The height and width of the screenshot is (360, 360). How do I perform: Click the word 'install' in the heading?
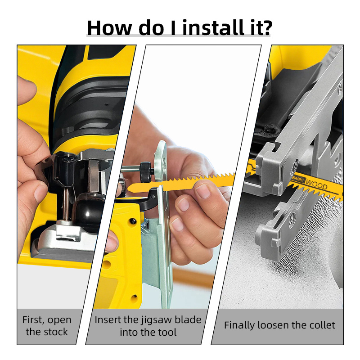click(x=212, y=27)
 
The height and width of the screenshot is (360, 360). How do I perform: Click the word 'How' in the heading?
click(x=109, y=28)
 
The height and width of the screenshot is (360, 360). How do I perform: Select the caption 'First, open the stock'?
click(x=47, y=325)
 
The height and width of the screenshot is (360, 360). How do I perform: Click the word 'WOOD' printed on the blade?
click(x=317, y=184)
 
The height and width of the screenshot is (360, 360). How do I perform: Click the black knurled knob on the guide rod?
click(x=146, y=172)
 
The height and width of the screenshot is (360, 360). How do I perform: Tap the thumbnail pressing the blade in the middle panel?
click(x=203, y=191)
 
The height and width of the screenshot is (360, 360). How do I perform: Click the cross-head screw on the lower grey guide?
click(x=292, y=218)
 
